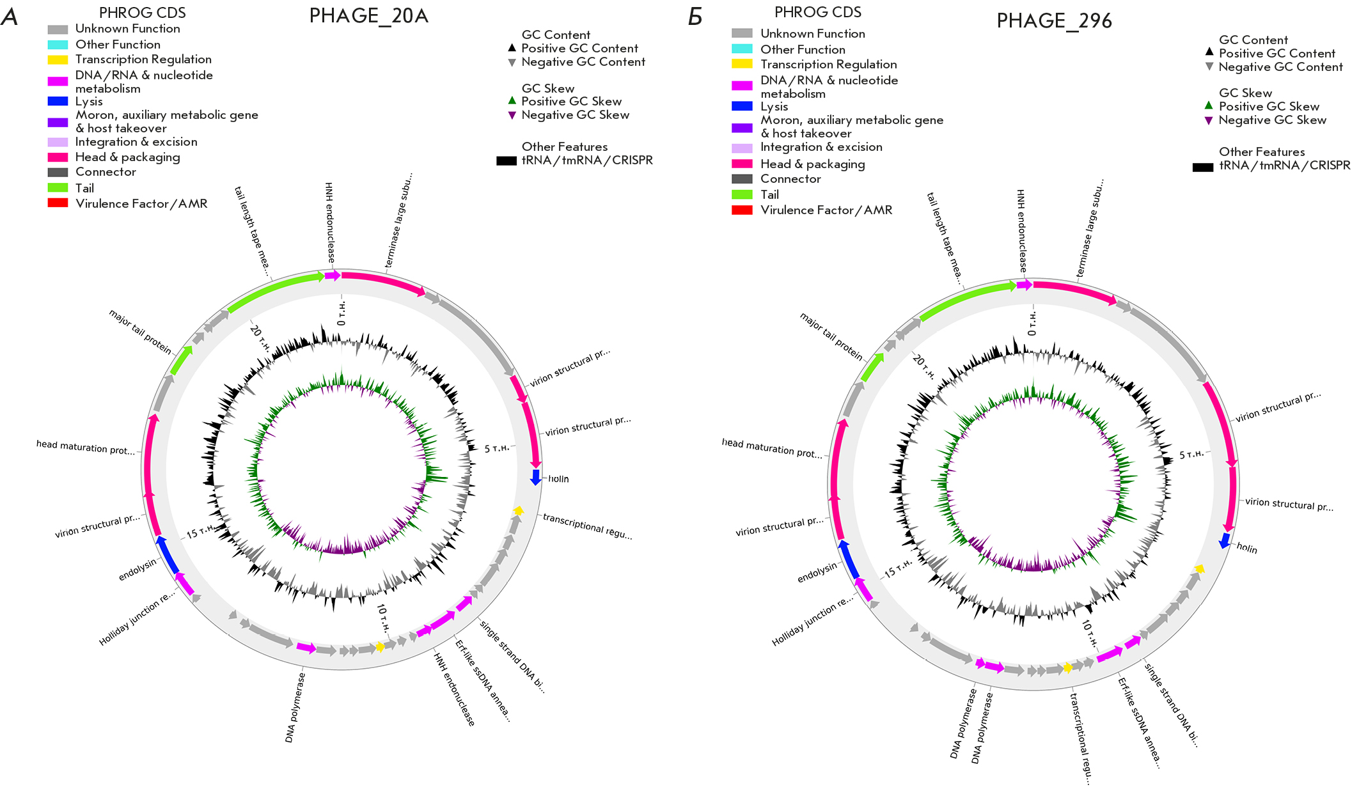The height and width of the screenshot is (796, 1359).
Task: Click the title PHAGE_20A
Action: (368, 16)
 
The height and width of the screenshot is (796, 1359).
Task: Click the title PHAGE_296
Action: (1054, 21)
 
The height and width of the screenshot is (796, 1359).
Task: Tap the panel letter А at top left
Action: (10, 17)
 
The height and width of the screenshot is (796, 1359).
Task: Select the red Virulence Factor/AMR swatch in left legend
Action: (58, 203)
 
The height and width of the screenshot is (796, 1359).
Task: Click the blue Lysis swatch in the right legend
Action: (742, 106)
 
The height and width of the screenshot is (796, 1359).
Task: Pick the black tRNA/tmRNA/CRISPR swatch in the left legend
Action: (506, 161)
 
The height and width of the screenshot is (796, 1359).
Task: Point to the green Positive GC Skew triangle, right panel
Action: (1209, 105)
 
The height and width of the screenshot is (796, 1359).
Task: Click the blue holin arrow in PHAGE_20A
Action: (536, 477)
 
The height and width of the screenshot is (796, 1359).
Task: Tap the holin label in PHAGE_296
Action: (1246, 548)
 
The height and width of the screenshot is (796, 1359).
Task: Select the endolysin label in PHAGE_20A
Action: (137, 570)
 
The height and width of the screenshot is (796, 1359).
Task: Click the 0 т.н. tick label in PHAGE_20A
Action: (342, 313)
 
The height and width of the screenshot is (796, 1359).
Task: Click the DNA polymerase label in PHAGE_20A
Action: (295, 708)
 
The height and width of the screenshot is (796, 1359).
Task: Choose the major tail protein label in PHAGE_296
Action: (831, 337)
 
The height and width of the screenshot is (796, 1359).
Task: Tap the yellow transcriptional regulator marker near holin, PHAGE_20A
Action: (518, 510)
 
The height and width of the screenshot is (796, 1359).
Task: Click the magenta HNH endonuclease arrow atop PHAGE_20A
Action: (333, 276)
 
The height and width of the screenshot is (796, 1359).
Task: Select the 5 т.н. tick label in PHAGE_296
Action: (1191, 455)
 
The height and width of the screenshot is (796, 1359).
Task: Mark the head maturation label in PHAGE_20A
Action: (86, 447)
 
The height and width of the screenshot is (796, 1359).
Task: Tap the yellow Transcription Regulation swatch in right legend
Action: (742, 64)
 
